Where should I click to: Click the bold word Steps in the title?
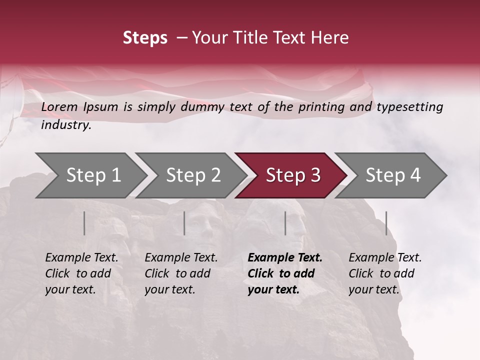click(145, 38)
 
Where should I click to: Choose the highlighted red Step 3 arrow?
click(293, 175)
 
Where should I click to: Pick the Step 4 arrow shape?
click(393, 175)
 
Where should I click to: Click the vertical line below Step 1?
click(84, 223)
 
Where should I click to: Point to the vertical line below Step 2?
click(184, 223)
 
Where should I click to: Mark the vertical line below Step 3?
click(285, 223)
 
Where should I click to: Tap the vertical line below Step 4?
click(386, 223)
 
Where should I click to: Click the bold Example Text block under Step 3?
click(285, 273)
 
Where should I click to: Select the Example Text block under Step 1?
click(81, 273)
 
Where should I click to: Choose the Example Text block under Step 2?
click(181, 273)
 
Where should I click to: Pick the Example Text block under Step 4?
click(385, 273)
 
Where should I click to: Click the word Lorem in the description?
click(59, 106)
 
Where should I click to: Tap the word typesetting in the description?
click(409, 107)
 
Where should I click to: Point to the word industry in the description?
click(66, 124)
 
